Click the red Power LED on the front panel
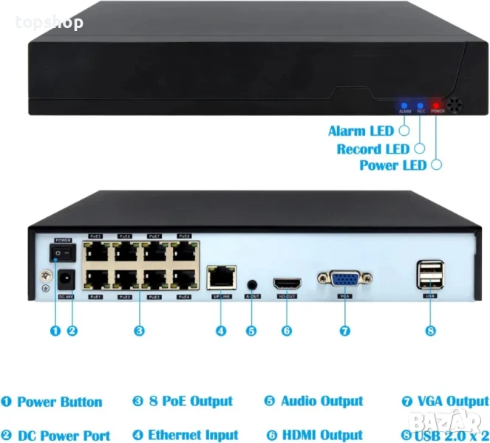click(x=437, y=106)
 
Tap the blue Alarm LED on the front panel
click(x=404, y=106)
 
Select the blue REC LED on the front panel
click(x=420, y=106)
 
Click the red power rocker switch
click(x=63, y=253)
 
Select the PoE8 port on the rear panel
click(x=183, y=251)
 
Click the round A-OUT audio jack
click(x=253, y=283)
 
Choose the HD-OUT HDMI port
click(x=287, y=283)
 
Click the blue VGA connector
click(x=344, y=280)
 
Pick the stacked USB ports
click(x=430, y=275)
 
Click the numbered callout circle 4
click(x=221, y=332)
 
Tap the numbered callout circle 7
click(x=344, y=332)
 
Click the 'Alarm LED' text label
click(x=361, y=131)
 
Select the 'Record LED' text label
click(x=372, y=148)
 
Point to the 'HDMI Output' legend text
click(x=321, y=436)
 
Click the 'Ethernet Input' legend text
click(x=193, y=436)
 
